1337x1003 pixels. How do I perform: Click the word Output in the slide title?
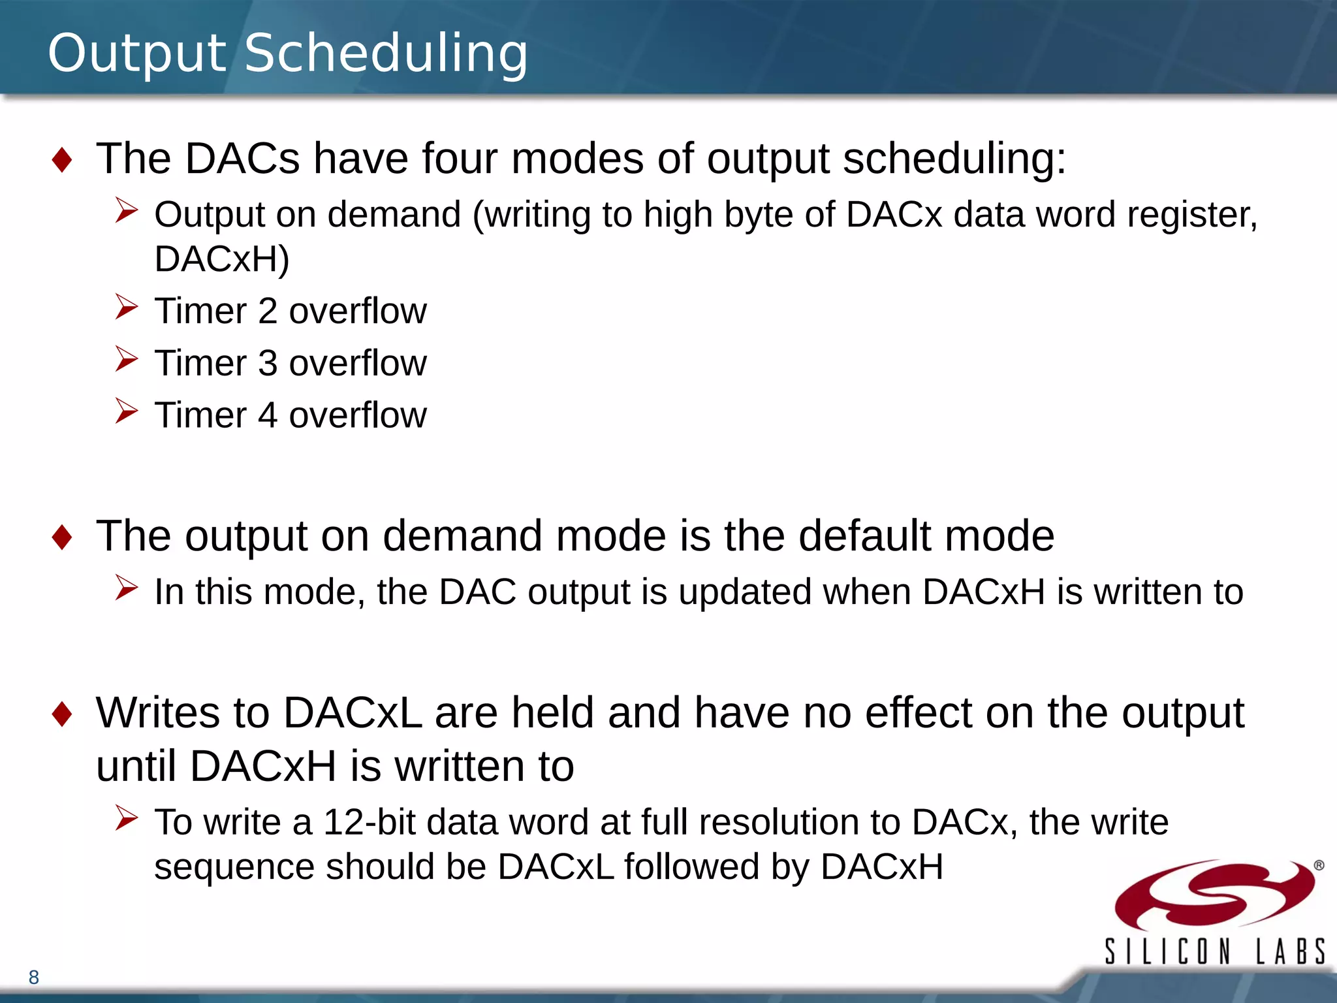pos(136,54)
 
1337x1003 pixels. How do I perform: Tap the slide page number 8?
pos(34,978)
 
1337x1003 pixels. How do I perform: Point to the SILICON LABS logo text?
pos(1214,951)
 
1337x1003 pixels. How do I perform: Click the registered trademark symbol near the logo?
pos(1319,865)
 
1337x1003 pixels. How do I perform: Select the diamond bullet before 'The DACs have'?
pos(62,160)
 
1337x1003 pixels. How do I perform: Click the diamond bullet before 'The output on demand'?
pos(62,537)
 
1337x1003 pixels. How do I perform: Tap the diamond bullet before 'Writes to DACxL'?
pos(62,714)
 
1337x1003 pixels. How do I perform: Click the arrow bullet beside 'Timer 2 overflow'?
pos(126,307)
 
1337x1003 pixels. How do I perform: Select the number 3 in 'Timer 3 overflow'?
pos(268,363)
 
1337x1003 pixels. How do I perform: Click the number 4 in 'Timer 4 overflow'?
pos(268,415)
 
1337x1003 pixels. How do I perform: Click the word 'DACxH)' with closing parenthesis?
pos(222,259)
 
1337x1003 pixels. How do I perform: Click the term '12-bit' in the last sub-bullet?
pos(370,822)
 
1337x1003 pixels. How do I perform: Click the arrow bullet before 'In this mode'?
pos(126,588)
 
